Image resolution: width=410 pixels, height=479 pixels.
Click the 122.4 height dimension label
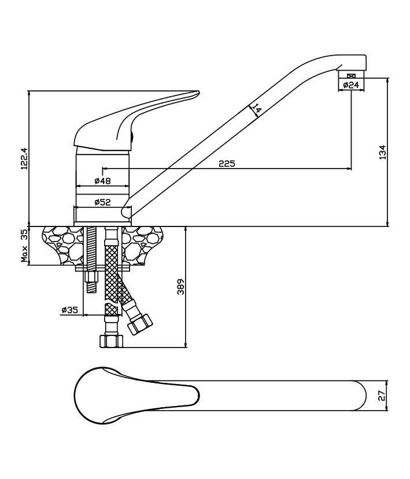(24, 159)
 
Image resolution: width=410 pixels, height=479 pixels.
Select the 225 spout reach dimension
(227, 164)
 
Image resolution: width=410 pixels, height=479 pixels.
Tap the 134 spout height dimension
(382, 152)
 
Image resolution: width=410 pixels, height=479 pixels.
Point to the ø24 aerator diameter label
(351, 85)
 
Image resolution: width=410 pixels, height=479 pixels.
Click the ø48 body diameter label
(102, 181)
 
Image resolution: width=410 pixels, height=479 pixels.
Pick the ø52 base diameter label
(102, 202)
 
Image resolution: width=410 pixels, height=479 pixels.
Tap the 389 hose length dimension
(181, 287)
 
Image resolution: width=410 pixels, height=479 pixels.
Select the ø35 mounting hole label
(69, 310)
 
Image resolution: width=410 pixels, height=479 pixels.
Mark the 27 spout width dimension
(382, 396)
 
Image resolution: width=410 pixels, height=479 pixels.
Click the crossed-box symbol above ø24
(352, 76)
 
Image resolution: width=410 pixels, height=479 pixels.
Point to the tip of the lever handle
(199, 92)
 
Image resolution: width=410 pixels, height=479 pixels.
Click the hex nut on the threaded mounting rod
(91, 277)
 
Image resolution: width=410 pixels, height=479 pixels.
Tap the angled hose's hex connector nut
(140, 324)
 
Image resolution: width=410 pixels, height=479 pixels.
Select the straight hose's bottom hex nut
(112, 341)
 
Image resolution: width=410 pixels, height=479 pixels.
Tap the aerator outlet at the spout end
(351, 75)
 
